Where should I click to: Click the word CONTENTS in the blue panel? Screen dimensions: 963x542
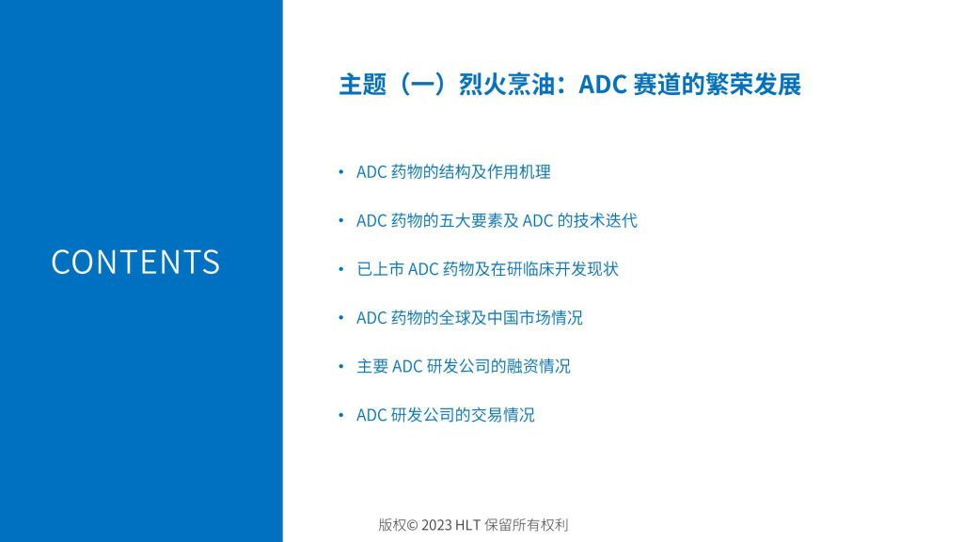pos(135,262)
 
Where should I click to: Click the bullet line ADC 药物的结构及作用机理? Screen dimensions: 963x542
pos(453,172)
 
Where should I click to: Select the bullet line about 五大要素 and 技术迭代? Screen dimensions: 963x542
pos(497,220)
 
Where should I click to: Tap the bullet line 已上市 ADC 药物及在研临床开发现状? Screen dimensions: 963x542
pos(488,269)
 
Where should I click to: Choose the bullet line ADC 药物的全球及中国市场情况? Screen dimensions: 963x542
pos(469,318)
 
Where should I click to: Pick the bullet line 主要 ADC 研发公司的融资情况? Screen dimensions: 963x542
pos(463,366)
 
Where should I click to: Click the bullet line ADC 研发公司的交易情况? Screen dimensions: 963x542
pos(445,415)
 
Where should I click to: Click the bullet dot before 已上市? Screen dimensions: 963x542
pos(341,269)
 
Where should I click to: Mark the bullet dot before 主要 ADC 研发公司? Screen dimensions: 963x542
pos(341,366)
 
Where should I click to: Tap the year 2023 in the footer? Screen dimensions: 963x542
pos(436,525)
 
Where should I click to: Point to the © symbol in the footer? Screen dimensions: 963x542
pos(412,525)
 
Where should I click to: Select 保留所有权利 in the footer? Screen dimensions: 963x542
pos(527,525)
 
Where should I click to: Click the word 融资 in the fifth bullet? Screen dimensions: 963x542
pos(522,366)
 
